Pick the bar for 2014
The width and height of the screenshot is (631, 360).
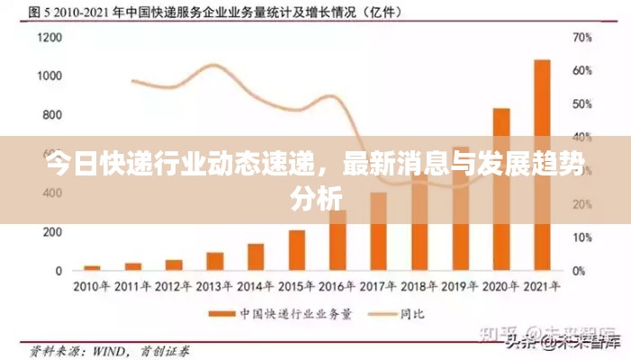(256, 256)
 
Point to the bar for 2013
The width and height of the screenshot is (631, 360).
(215, 261)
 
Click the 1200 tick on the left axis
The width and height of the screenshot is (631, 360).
(50, 38)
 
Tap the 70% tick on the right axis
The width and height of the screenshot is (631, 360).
(582, 38)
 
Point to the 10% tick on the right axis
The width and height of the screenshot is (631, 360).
(582, 238)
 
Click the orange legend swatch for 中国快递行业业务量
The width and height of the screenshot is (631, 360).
(221, 313)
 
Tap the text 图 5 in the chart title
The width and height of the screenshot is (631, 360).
(37, 13)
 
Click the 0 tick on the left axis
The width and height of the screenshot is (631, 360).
(59, 270)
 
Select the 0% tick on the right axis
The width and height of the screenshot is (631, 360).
(580, 270)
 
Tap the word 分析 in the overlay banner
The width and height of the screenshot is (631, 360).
(316, 199)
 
